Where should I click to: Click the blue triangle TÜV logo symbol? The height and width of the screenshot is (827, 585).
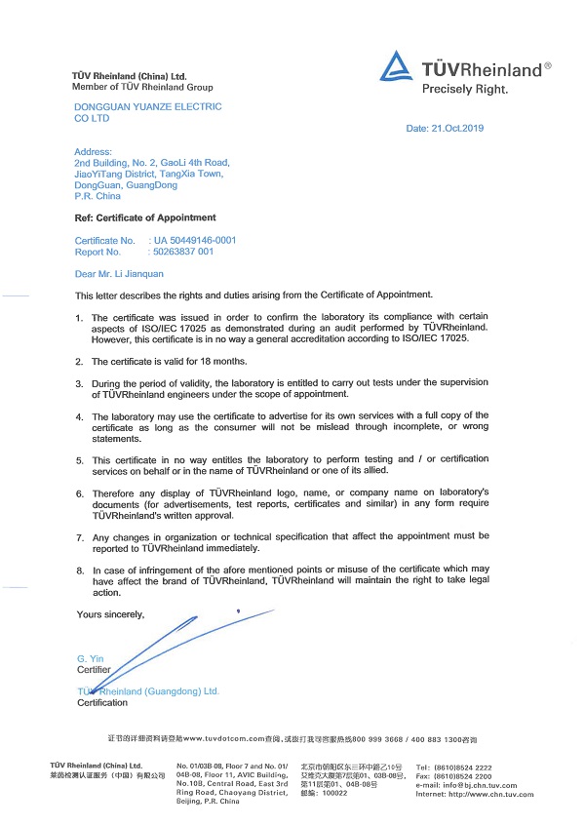[x=396, y=66]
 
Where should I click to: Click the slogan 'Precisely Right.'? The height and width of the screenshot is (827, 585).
[x=464, y=89]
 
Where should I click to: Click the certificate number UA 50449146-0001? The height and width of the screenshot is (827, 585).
[x=195, y=240]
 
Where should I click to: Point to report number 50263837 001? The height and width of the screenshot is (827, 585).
[x=190, y=252]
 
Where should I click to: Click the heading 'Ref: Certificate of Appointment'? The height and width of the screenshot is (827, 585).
[x=145, y=217]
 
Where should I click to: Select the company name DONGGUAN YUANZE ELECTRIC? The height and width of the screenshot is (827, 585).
[x=148, y=106]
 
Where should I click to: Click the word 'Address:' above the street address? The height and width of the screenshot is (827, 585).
[x=94, y=152]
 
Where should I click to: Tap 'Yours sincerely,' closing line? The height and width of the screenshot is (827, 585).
[x=110, y=614]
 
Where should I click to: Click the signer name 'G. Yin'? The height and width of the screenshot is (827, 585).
[x=90, y=659]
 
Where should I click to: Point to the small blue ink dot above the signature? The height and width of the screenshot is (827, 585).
[x=238, y=610]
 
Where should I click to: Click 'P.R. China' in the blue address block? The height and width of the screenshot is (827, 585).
[x=97, y=196]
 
